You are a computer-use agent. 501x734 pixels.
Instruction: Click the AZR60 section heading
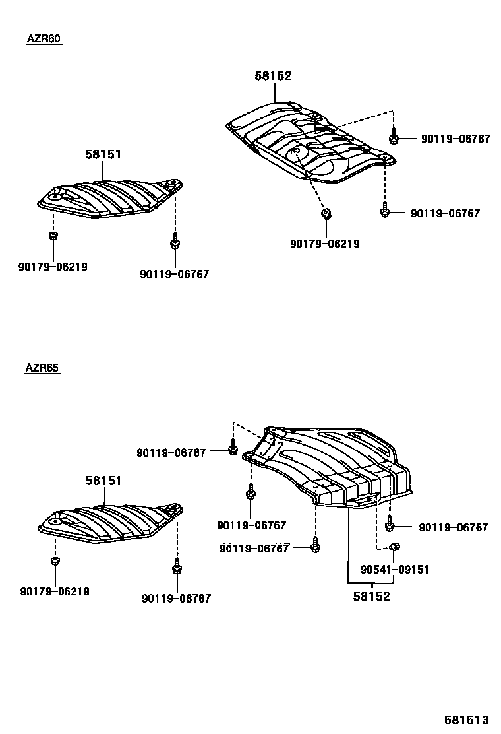(x=44, y=39)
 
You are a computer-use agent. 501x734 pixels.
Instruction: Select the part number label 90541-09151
(x=394, y=569)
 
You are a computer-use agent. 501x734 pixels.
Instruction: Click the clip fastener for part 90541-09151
(x=396, y=547)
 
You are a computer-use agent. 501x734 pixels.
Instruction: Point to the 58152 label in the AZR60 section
(x=273, y=77)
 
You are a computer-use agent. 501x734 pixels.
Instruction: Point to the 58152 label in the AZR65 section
(x=371, y=596)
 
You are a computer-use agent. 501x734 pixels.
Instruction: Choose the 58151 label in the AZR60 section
(x=103, y=154)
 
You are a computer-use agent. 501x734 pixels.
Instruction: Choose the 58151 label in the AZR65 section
(x=103, y=481)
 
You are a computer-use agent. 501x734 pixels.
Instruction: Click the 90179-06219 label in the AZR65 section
(x=55, y=591)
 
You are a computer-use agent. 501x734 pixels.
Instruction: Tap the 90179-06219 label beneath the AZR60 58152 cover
(x=324, y=244)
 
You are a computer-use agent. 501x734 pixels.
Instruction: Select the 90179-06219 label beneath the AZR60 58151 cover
(x=53, y=267)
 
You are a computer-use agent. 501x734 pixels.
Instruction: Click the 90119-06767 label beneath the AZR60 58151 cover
(x=174, y=273)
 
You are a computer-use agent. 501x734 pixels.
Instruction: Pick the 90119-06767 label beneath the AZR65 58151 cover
(x=176, y=598)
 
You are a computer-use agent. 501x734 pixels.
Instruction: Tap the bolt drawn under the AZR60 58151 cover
(x=175, y=242)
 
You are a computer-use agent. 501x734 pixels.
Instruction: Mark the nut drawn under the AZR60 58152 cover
(x=325, y=213)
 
